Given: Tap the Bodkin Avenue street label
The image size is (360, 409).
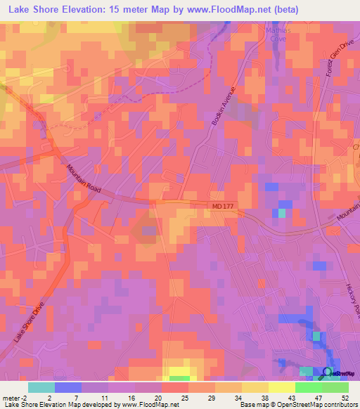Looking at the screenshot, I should [226, 106].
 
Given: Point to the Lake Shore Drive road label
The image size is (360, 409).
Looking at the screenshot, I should [28, 323].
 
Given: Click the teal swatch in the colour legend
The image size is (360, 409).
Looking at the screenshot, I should [41, 387].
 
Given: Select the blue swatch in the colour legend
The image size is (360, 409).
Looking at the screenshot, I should [68, 387].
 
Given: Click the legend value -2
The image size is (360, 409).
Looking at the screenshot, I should [26, 398].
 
